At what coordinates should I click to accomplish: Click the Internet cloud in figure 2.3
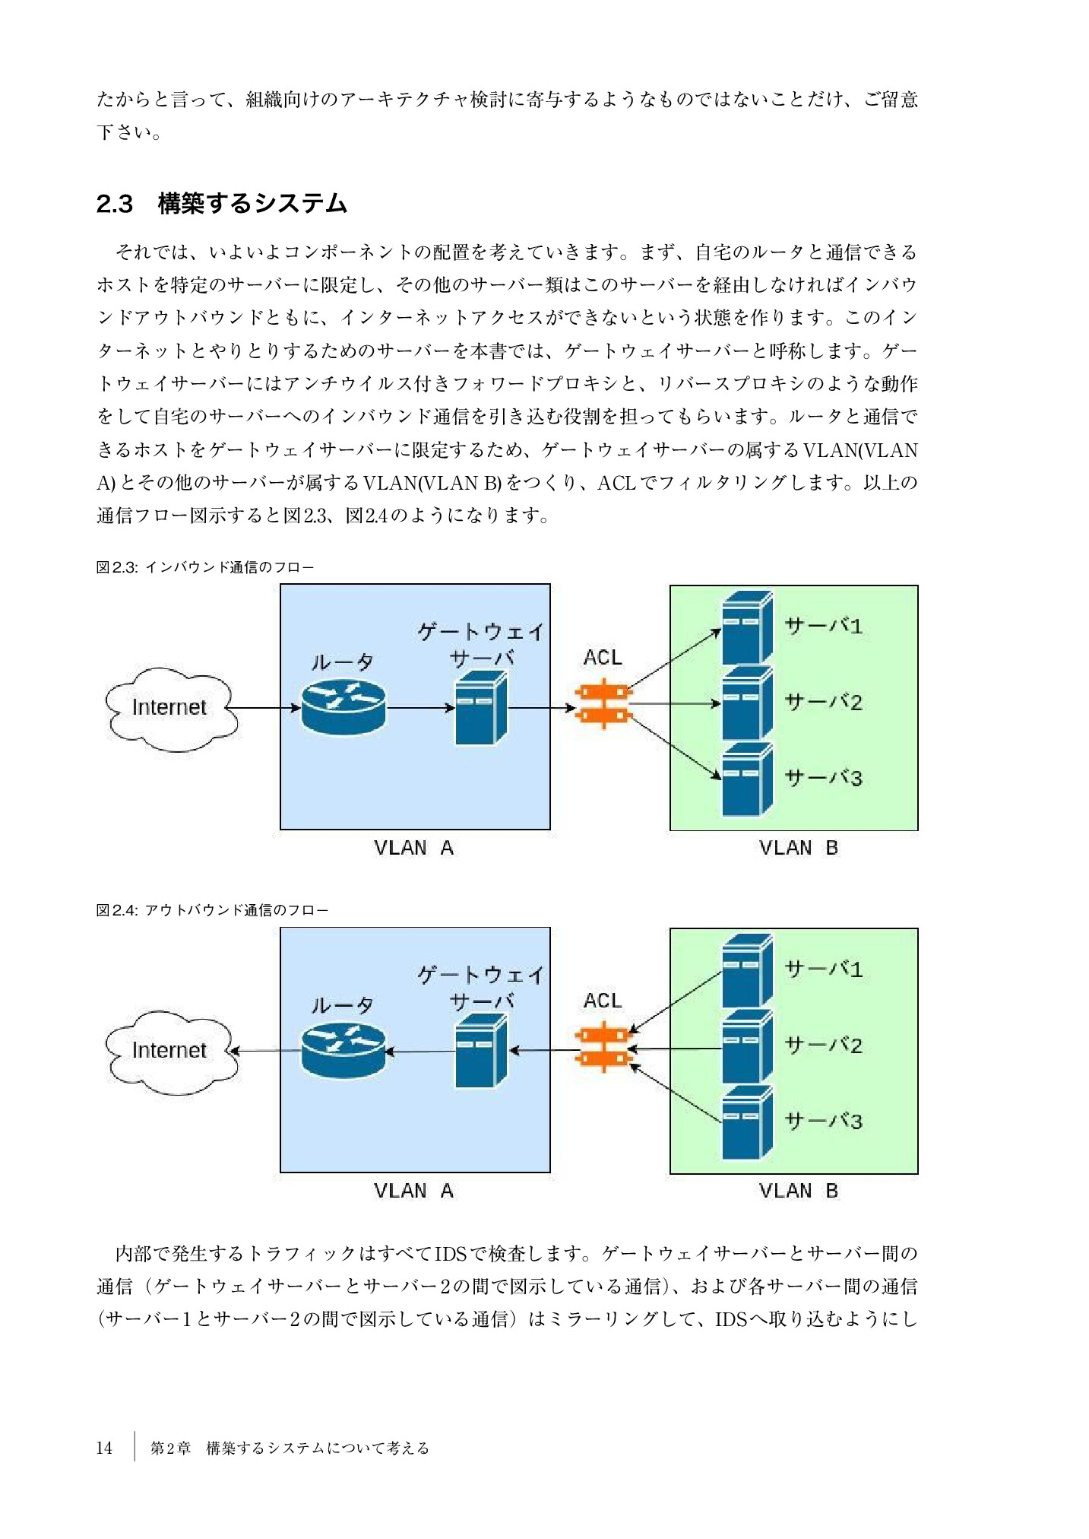click(170, 708)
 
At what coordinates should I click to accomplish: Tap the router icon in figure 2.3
click(343, 707)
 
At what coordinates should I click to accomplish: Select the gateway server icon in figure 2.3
click(480, 708)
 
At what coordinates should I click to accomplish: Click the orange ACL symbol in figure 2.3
click(603, 704)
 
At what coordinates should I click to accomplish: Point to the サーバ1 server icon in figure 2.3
click(746, 629)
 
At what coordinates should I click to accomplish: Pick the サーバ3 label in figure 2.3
click(823, 778)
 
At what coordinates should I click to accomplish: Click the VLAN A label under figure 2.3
click(413, 848)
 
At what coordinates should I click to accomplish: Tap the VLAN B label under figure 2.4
click(798, 1191)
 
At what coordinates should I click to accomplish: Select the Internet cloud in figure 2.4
click(170, 1051)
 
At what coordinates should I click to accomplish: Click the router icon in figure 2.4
click(343, 1050)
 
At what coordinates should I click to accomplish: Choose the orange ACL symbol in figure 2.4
click(603, 1047)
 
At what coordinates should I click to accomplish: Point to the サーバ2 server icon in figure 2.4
click(746, 1048)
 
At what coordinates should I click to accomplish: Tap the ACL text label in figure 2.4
click(603, 1001)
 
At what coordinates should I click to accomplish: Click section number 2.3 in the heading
click(115, 204)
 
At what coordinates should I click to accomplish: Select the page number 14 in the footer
click(104, 1448)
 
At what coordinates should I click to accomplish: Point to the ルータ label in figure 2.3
click(342, 662)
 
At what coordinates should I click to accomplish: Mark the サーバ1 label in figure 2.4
click(823, 969)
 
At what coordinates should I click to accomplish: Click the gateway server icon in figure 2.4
click(480, 1051)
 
